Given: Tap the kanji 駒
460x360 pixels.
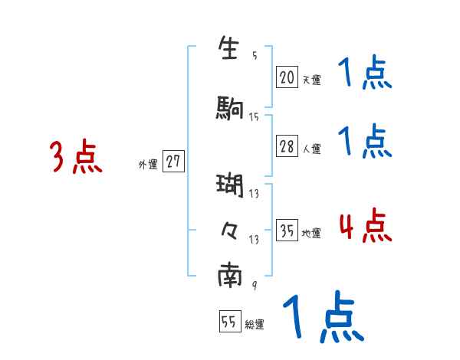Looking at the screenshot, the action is [x=230, y=107].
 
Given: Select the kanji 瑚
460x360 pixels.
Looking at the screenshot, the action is [x=230, y=186].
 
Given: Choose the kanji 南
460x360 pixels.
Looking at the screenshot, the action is [x=230, y=276].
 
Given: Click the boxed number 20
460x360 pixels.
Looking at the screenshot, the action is [x=287, y=77].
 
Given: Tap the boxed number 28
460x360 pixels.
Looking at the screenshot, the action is [x=287, y=147].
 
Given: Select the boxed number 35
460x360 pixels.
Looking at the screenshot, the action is [x=287, y=231].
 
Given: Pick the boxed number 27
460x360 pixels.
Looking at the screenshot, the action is [x=173, y=162].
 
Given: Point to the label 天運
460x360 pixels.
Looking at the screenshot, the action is [x=311, y=79].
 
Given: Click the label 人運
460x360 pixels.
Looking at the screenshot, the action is [x=311, y=149].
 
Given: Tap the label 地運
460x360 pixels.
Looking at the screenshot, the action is [x=311, y=234].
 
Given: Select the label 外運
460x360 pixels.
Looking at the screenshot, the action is [x=147, y=164].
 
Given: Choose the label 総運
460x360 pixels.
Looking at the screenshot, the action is [x=255, y=325].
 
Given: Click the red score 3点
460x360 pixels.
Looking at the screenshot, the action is [x=77, y=157].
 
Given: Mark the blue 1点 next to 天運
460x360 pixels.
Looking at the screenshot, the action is [x=365, y=74].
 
